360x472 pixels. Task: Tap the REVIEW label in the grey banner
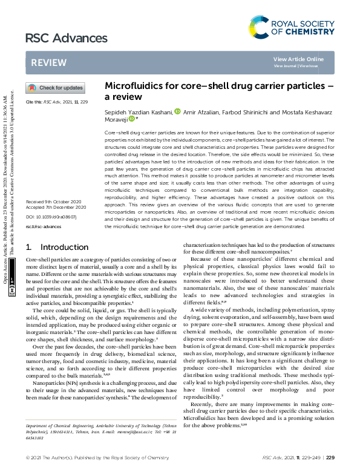point(45,62)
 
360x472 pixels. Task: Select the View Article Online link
point(298,59)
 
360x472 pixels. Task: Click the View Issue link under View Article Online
point(308,65)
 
